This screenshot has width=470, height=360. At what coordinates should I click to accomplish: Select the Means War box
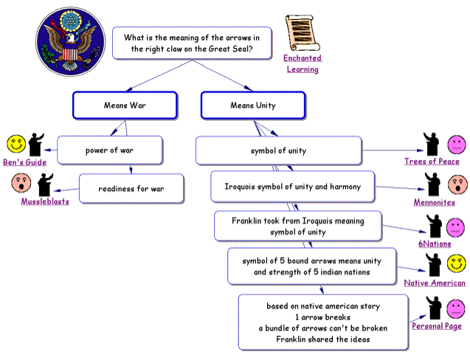125,105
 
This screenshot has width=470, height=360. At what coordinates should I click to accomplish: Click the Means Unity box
253,105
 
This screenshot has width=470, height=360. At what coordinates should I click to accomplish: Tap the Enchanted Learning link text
303,63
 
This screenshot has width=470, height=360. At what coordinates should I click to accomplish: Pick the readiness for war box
131,189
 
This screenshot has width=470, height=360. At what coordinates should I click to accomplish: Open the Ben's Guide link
24,162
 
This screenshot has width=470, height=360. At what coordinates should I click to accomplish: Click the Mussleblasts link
45,201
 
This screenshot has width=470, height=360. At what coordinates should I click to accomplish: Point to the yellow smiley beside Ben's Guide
16,143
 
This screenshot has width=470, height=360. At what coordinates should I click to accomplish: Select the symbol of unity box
278,151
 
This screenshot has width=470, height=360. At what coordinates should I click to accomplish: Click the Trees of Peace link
432,162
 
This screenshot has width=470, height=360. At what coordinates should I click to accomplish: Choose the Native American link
435,283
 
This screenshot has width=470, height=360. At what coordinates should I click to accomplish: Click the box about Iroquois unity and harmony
293,187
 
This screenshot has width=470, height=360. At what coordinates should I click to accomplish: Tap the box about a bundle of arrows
322,322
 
